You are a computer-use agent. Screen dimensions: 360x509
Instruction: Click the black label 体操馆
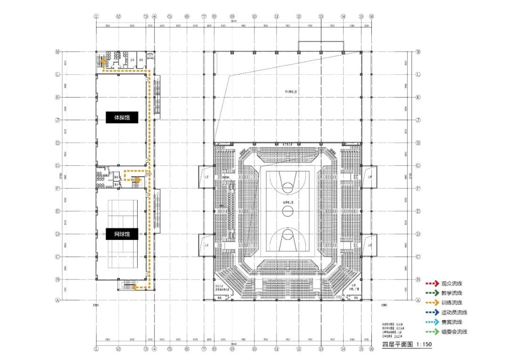[122, 118]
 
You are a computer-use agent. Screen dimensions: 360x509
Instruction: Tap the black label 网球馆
[122, 234]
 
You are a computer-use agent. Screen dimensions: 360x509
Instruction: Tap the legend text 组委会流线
[454, 332]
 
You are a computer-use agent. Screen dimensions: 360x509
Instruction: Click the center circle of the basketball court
[288, 211]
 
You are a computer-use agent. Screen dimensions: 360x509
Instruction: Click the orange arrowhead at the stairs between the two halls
[137, 180]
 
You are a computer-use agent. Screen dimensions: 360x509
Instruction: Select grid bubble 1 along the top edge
[97, 16]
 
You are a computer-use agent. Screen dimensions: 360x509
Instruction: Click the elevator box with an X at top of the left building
[150, 56]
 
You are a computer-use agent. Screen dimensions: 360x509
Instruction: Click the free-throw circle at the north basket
[288, 188]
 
